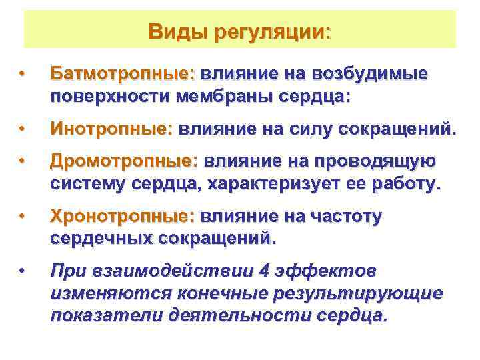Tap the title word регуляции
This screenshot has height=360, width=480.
click(x=273, y=32)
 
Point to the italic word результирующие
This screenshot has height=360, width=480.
click(x=363, y=294)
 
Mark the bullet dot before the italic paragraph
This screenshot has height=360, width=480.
click(x=23, y=271)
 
